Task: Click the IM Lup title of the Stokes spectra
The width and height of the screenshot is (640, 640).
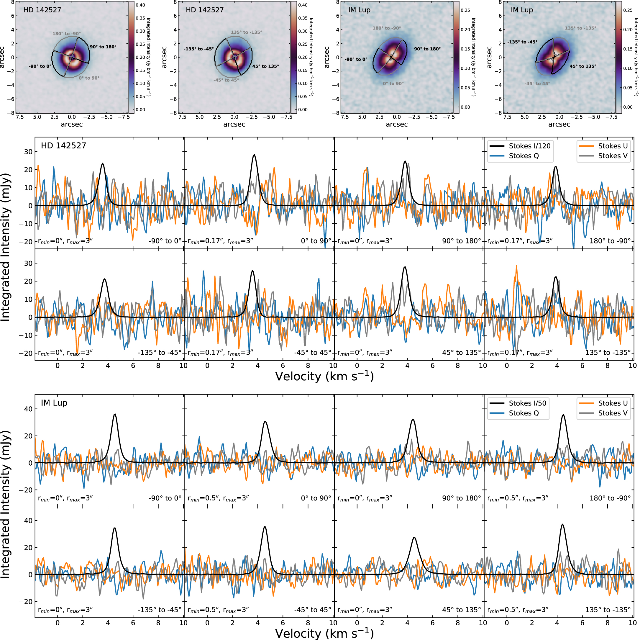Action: tap(54, 403)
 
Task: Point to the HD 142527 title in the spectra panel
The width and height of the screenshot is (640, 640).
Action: tap(63, 145)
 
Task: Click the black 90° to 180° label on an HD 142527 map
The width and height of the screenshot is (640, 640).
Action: tap(103, 47)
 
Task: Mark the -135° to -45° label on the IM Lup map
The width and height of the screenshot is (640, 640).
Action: tap(522, 42)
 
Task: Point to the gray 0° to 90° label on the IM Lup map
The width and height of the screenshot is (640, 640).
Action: tap(393, 84)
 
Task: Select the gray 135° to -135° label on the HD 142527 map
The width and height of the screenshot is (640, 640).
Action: tap(246, 32)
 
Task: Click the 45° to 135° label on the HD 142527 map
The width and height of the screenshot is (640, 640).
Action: tap(265, 66)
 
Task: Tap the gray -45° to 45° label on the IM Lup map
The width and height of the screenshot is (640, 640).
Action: tap(537, 84)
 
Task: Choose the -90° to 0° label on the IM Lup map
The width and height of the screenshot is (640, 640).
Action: tap(356, 59)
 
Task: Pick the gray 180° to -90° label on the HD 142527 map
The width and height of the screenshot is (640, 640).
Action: tap(66, 33)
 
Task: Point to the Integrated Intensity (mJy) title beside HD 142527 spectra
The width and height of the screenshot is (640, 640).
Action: tap(6, 247)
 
